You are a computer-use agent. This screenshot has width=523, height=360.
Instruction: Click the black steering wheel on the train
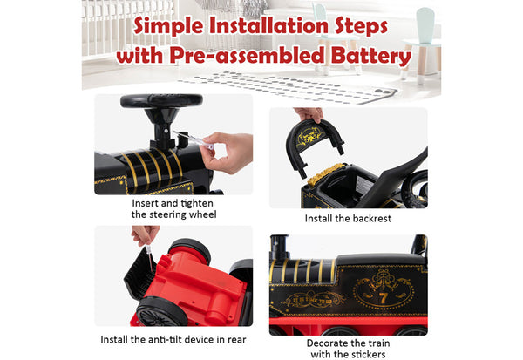[161, 101]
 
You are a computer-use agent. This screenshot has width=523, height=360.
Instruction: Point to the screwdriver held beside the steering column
[194, 140]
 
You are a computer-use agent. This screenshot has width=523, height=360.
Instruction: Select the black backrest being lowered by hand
[313, 144]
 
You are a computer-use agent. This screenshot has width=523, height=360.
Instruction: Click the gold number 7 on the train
[383, 297]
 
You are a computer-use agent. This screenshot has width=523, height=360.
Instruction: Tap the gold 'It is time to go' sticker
[312, 300]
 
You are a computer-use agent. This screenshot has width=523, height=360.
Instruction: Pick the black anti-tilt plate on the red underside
[140, 275]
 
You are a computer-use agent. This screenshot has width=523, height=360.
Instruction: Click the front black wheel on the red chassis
[162, 313]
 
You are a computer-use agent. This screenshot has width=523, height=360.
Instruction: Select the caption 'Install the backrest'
[348, 219]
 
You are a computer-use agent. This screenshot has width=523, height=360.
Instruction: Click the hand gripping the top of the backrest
[309, 114]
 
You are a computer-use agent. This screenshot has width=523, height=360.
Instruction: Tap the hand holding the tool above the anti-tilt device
[146, 234]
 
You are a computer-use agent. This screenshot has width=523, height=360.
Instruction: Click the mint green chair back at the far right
[425, 24]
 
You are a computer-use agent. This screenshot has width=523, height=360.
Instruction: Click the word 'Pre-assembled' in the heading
[248, 56]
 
